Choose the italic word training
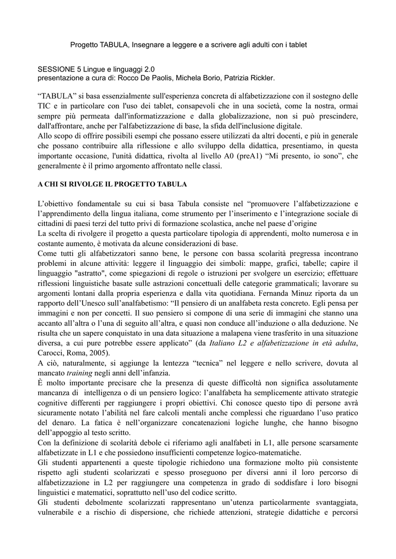[x=79, y=373]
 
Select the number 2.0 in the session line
[x=148, y=69]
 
